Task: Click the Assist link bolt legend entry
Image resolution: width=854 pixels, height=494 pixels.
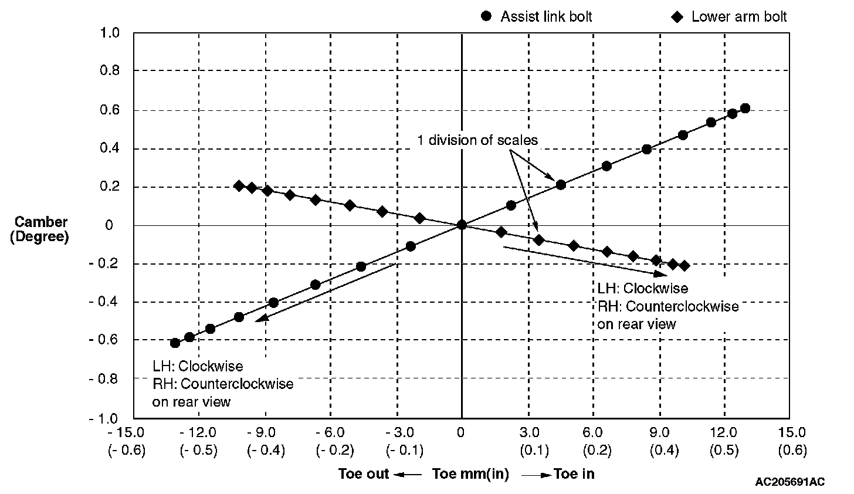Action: [537, 16]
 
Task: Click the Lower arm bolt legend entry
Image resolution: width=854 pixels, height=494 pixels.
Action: [730, 16]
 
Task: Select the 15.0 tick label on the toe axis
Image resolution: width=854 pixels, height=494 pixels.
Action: [792, 433]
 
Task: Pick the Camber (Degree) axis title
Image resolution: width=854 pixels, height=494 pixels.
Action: [40, 229]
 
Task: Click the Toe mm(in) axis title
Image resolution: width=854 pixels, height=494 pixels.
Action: [470, 474]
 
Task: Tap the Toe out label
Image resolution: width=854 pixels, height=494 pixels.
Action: [364, 474]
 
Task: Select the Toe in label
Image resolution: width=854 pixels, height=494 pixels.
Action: [574, 474]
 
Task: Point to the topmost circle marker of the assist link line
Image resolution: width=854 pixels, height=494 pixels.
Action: [745, 109]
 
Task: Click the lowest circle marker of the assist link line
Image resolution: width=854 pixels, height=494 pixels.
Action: [175, 343]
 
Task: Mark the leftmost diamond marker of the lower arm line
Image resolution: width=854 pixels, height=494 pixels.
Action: [239, 185]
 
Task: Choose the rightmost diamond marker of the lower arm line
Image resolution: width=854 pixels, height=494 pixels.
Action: [684, 266]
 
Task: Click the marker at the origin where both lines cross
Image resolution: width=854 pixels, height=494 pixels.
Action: [462, 225]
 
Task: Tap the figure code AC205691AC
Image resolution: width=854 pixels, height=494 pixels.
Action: [790, 482]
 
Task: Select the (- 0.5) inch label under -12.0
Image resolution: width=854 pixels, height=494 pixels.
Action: [198, 451]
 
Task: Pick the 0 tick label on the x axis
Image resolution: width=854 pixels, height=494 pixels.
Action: [461, 433]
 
